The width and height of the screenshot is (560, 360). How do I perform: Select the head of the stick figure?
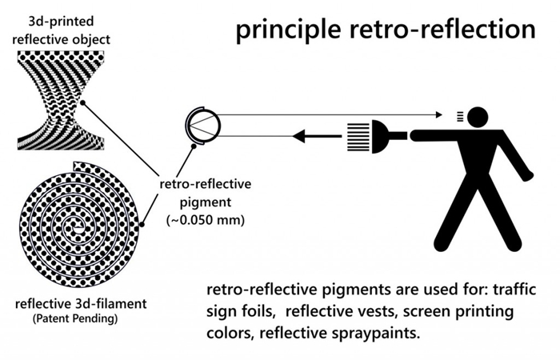coord(478,117)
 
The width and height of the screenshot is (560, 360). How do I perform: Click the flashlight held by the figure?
coord(391,136)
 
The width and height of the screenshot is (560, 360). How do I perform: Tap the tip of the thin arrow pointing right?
coord(438,113)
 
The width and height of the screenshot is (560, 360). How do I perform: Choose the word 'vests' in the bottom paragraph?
coord(367,310)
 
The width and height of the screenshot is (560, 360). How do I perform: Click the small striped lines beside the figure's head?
coord(458,117)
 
